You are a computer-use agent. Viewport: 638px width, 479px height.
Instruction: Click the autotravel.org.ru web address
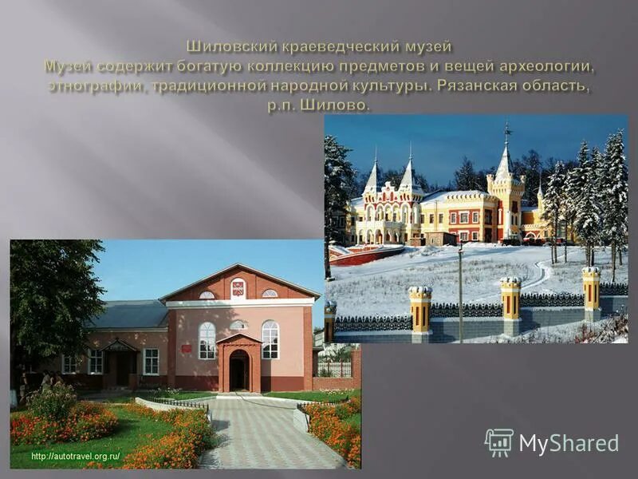pyautogui.click(x=75, y=456)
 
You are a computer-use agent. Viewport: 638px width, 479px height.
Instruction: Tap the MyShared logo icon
pyautogui.click(x=498, y=442)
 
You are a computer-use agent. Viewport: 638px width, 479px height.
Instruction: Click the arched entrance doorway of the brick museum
pyautogui.click(x=238, y=371)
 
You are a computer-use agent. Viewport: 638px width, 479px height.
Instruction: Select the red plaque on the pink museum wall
pyautogui.click(x=185, y=348)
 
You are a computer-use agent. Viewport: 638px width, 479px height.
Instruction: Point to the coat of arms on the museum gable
pyautogui.click(x=238, y=287)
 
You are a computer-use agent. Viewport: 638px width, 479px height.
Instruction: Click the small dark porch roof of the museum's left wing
pyautogui.click(x=120, y=345)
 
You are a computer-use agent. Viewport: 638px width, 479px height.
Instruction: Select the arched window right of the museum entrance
pyautogui.click(x=270, y=339)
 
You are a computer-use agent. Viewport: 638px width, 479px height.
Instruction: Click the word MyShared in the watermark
pyautogui.click(x=569, y=444)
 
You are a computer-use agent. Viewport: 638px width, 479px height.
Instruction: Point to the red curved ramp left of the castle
pyautogui.click(x=363, y=255)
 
